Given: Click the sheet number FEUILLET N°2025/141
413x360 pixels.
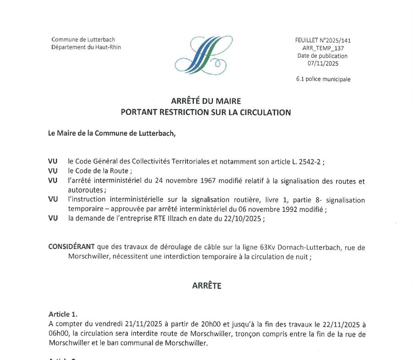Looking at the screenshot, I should (x=323, y=40).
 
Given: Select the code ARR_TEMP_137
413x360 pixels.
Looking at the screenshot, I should (x=323, y=48).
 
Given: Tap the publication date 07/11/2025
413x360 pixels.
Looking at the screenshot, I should (x=323, y=64).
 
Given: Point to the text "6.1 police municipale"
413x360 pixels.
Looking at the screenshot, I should (x=323, y=79).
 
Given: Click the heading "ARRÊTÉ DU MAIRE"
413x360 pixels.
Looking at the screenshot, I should (x=206, y=101).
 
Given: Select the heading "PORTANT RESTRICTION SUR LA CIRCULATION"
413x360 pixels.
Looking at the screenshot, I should (x=206, y=112).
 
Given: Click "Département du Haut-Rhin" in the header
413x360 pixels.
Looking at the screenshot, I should (x=86, y=47).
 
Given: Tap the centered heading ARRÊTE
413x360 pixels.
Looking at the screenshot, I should (x=206, y=286).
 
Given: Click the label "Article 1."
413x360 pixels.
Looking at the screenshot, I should (x=63, y=314).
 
